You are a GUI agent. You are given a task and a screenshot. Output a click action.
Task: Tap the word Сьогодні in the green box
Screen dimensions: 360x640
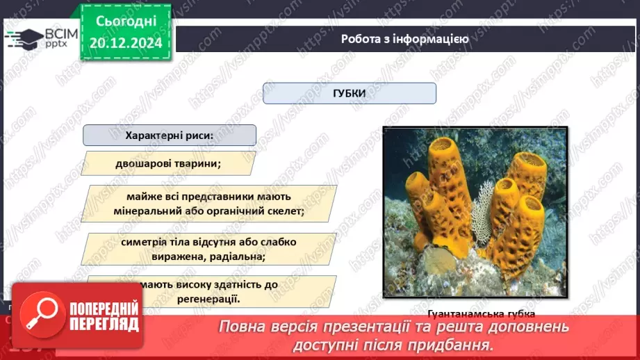pos(125,22)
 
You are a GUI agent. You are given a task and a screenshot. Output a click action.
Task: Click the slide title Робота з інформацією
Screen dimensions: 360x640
pos(404,39)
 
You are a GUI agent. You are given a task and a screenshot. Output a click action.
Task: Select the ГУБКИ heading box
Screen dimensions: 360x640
pos(349,93)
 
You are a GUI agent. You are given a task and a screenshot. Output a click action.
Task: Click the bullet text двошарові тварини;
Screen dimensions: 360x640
pos(169,164)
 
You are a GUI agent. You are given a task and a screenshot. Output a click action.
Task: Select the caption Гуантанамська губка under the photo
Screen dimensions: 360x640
pos(476,313)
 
